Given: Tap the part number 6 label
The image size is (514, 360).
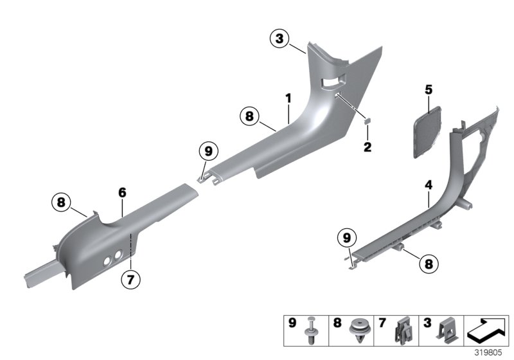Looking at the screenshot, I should tap(121, 192).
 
